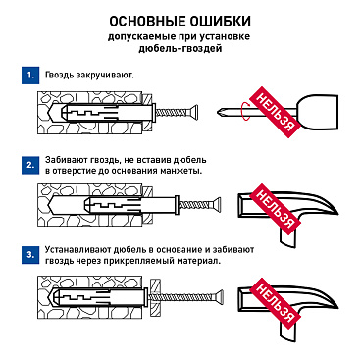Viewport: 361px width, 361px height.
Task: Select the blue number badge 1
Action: pyautogui.click(x=32, y=75)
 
